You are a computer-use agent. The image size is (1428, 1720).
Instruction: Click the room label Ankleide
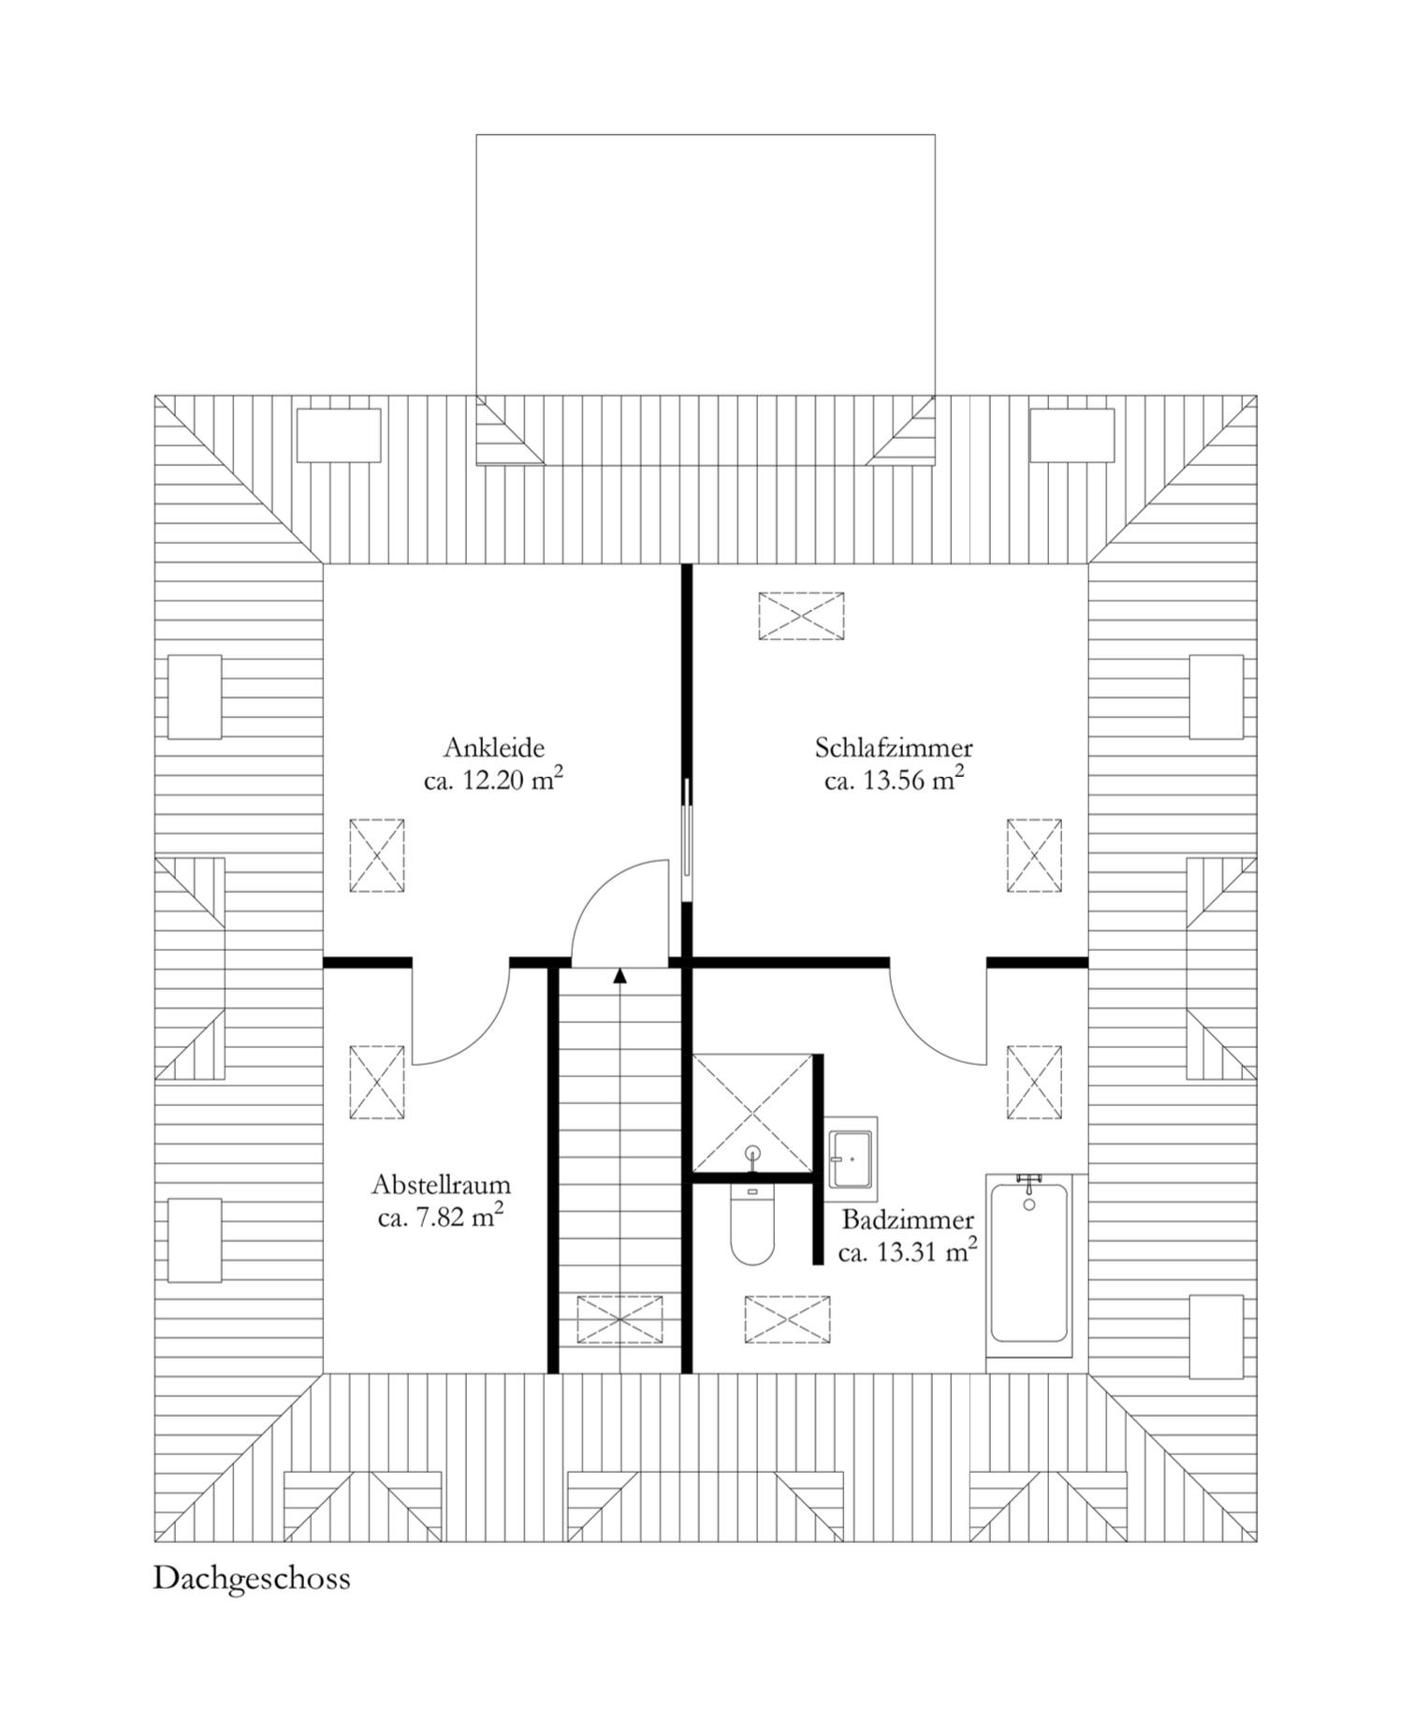[494, 748]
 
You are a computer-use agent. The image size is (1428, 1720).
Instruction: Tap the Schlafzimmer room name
[894, 749]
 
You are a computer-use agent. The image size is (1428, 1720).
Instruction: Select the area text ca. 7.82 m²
[442, 1217]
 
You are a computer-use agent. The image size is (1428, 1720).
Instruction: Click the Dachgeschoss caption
[252, 1580]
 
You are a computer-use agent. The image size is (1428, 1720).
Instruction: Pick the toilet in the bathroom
[752, 1225]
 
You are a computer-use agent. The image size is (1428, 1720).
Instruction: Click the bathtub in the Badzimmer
[1029, 1264]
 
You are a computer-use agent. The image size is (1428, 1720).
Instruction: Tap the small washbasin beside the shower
[852, 1159]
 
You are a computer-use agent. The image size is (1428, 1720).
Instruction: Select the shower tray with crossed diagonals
[752, 1113]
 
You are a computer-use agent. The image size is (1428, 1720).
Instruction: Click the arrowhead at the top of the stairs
[619, 976]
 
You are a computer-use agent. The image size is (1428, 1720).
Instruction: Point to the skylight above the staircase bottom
[619, 1320]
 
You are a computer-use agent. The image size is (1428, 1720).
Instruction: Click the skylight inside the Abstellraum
[377, 1082]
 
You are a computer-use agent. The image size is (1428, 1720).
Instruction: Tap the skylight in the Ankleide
[377, 856]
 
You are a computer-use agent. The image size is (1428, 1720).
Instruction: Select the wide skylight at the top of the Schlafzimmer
[801, 616]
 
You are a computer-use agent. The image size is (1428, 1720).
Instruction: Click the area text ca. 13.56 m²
[895, 780]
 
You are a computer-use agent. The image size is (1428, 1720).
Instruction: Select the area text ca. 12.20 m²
[494, 780]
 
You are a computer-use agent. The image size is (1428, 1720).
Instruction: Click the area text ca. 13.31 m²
[909, 1252]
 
